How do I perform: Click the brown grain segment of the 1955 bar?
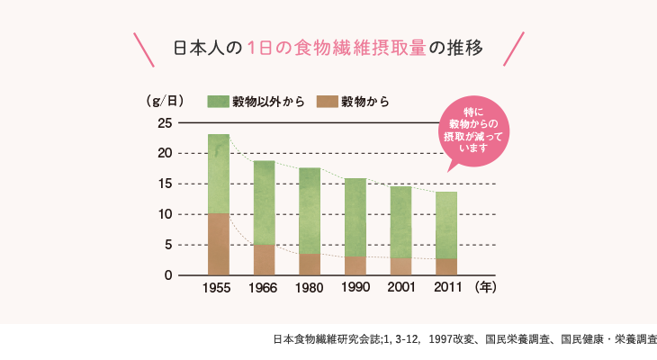218,244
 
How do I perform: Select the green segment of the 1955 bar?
218,174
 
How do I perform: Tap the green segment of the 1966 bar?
264,202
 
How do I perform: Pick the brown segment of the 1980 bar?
310,265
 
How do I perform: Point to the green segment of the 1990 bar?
355,217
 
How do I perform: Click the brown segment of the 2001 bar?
400,266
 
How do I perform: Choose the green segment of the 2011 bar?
446,225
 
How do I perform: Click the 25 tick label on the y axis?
164,122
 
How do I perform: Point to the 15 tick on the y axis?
164,184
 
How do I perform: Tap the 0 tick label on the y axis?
168,275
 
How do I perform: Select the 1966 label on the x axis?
264,289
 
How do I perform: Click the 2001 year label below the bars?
400,289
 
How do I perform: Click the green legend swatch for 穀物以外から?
217,101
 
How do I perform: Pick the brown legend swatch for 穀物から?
326,101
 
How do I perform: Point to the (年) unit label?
485,288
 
